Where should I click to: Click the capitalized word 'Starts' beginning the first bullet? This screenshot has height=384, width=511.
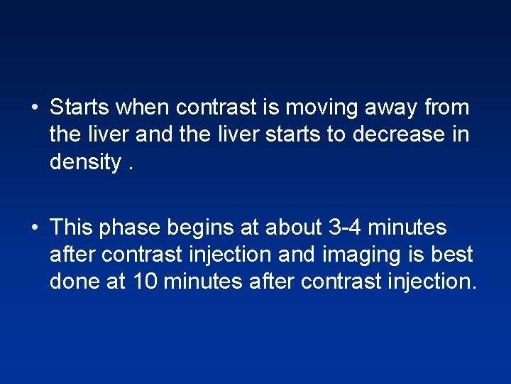[80, 108]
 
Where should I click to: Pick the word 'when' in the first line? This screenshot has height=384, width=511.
[143, 108]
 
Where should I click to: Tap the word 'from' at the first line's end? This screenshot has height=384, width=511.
[446, 108]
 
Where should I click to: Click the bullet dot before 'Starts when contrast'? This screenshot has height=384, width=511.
[33, 109]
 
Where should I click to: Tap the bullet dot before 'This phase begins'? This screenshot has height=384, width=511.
[33, 228]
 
